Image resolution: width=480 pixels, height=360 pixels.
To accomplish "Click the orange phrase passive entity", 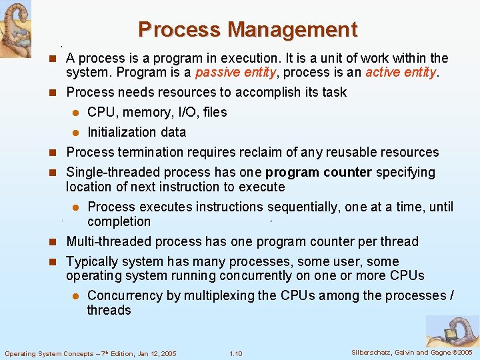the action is (232, 72).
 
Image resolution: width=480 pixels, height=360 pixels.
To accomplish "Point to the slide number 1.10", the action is (235, 353).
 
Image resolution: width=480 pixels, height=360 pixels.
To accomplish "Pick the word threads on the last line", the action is (109, 310).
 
